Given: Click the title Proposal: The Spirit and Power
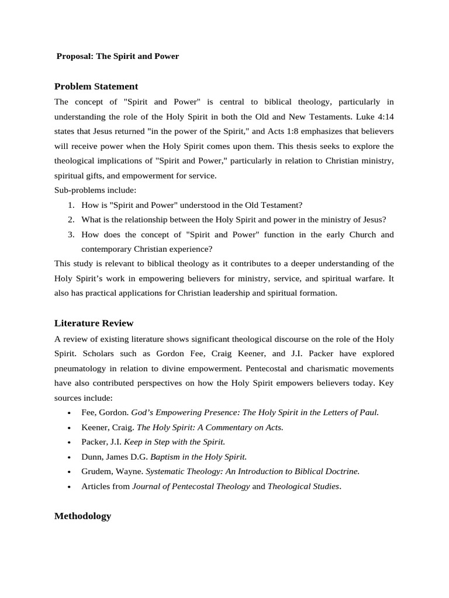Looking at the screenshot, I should (118, 57).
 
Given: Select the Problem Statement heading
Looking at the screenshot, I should (96, 86).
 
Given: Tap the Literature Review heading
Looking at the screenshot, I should (94, 323).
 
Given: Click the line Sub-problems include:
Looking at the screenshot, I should (95, 190).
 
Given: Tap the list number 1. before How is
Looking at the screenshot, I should (70, 205).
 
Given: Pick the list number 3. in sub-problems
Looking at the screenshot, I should (70, 234).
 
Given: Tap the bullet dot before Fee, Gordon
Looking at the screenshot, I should (70, 413).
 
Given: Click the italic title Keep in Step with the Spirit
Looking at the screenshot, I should (174, 441).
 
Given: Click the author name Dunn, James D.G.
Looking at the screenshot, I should (115, 456).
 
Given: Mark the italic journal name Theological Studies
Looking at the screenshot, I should (303, 486).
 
